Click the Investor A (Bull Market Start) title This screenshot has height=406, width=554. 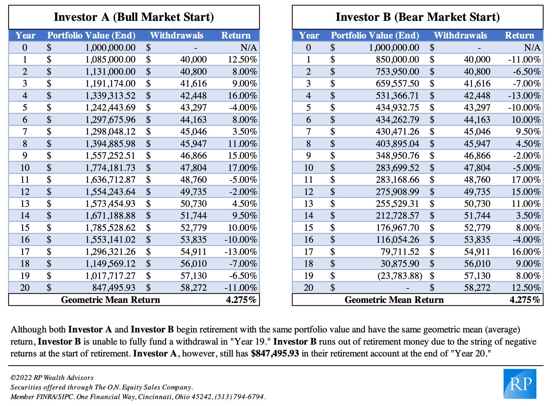[134, 17]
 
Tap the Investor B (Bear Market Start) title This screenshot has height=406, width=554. [418, 17]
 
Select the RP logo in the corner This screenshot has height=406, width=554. [520, 384]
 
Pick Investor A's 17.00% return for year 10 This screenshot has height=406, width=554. [243, 168]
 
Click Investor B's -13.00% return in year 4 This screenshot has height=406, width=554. [524, 96]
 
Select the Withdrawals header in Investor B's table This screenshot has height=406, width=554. [460, 35]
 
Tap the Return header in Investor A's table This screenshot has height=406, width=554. [236, 35]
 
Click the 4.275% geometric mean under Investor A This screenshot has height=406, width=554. [241, 300]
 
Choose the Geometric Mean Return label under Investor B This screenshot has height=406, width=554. [394, 300]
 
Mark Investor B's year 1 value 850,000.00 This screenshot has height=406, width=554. [398, 60]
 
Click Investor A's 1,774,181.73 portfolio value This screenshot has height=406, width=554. [110, 168]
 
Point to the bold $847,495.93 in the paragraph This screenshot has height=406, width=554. [275, 354]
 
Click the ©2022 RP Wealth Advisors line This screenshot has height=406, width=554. [52, 378]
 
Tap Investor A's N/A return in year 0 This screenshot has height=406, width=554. [249, 47]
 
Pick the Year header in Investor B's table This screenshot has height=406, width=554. [309, 35]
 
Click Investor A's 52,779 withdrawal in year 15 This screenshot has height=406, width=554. [194, 228]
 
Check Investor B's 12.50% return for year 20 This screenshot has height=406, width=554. [526, 288]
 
